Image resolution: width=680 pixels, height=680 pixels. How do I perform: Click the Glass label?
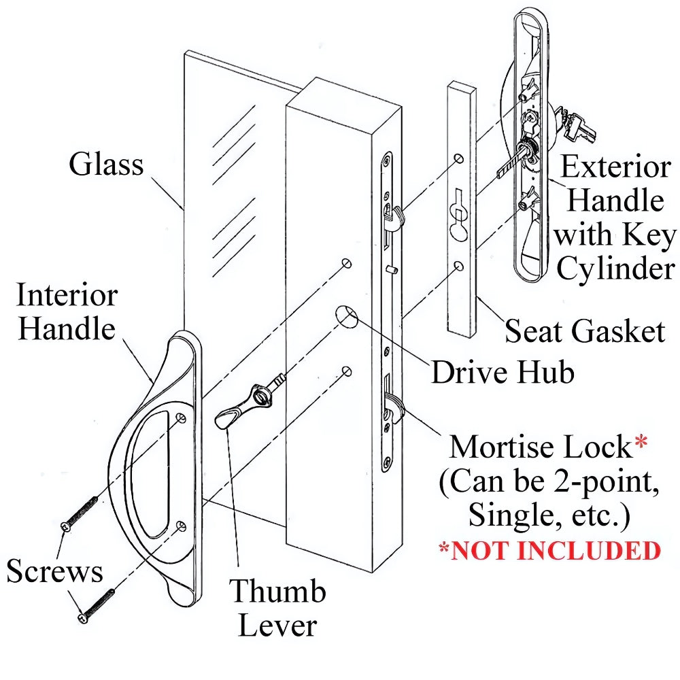tap(106, 165)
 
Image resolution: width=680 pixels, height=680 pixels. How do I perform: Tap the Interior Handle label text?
tap(67, 312)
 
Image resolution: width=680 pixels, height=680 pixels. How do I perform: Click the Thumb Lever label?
tap(277, 608)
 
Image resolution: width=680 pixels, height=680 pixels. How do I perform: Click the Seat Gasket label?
tap(584, 331)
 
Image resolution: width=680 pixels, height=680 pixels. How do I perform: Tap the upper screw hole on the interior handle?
tap(181, 416)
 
